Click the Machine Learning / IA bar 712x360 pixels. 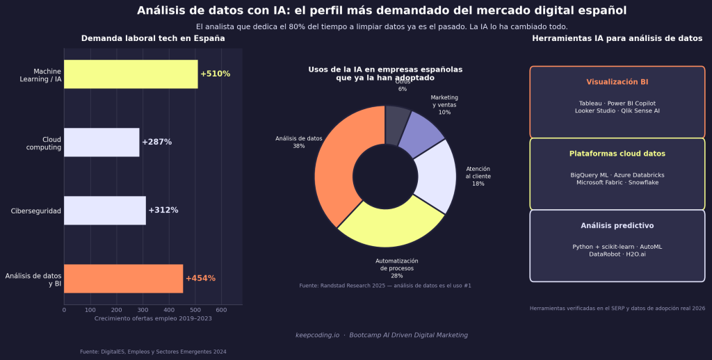click(131, 74)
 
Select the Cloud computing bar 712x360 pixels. click(102, 142)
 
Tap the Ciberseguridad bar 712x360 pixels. click(105, 210)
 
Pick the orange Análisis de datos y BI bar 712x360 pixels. click(123, 278)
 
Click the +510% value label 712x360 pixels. click(215, 74)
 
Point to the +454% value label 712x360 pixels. click(200, 278)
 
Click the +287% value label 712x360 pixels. click(156, 142)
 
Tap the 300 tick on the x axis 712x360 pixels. click(143, 310)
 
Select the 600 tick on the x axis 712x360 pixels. click(221, 310)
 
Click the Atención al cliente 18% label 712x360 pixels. click(478, 177)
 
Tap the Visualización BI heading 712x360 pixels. click(617, 82)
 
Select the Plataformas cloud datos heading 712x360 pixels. click(617, 154)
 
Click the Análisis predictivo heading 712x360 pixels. click(617, 226)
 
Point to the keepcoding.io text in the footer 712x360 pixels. click(317, 335)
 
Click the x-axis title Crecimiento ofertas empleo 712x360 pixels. click(153, 318)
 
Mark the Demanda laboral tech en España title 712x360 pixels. click(153, 38)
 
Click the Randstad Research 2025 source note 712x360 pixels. click(385, 286)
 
